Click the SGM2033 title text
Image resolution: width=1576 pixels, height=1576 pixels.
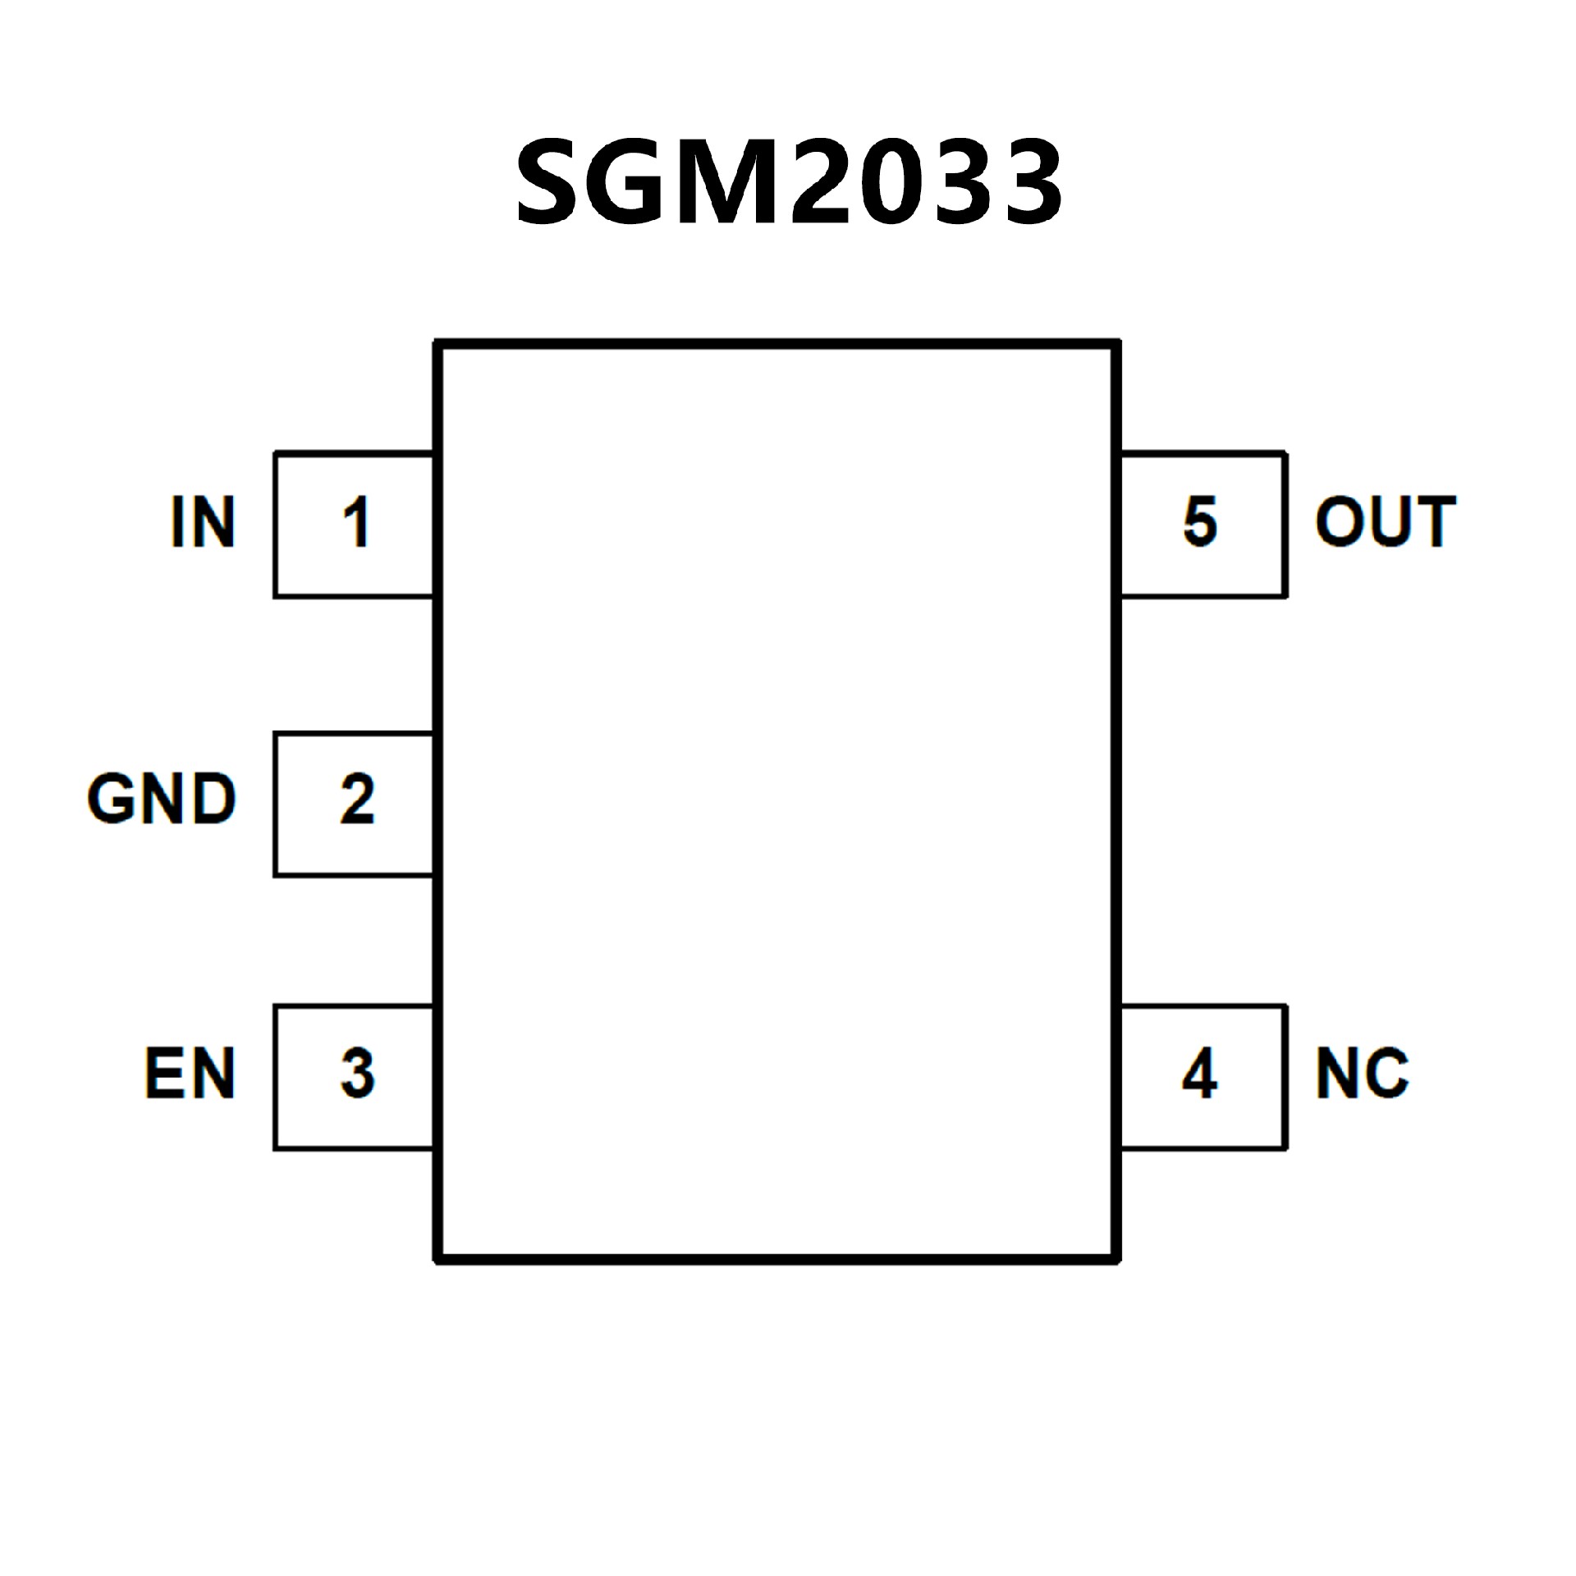(x=788, y=182)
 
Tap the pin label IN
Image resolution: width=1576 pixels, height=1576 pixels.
(x=203, y=521)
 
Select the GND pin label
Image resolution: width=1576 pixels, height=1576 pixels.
(x=162, y=798)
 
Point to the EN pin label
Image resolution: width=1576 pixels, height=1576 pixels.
(x=190, y=1073)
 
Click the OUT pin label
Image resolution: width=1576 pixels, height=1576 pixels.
(x=1385, y=521)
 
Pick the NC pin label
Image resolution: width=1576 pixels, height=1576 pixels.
(x=1363, y=1073)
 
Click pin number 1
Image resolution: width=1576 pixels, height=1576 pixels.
(x=356, y=521)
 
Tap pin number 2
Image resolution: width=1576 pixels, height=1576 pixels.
(x=357, y=798)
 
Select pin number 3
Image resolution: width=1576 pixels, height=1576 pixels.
(x=357, y=1073)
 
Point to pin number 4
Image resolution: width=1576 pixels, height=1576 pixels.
(x=1199, y=1073)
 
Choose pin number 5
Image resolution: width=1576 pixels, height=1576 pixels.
(x=1199, y=521)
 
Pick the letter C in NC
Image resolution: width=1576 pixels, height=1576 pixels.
(x=1386, y=1073)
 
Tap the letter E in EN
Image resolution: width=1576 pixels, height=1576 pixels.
(x=167, y=1073)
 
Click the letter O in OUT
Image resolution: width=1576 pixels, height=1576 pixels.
(x=1339, y=521)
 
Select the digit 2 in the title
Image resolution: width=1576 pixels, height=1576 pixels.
(x=821, y=182)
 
